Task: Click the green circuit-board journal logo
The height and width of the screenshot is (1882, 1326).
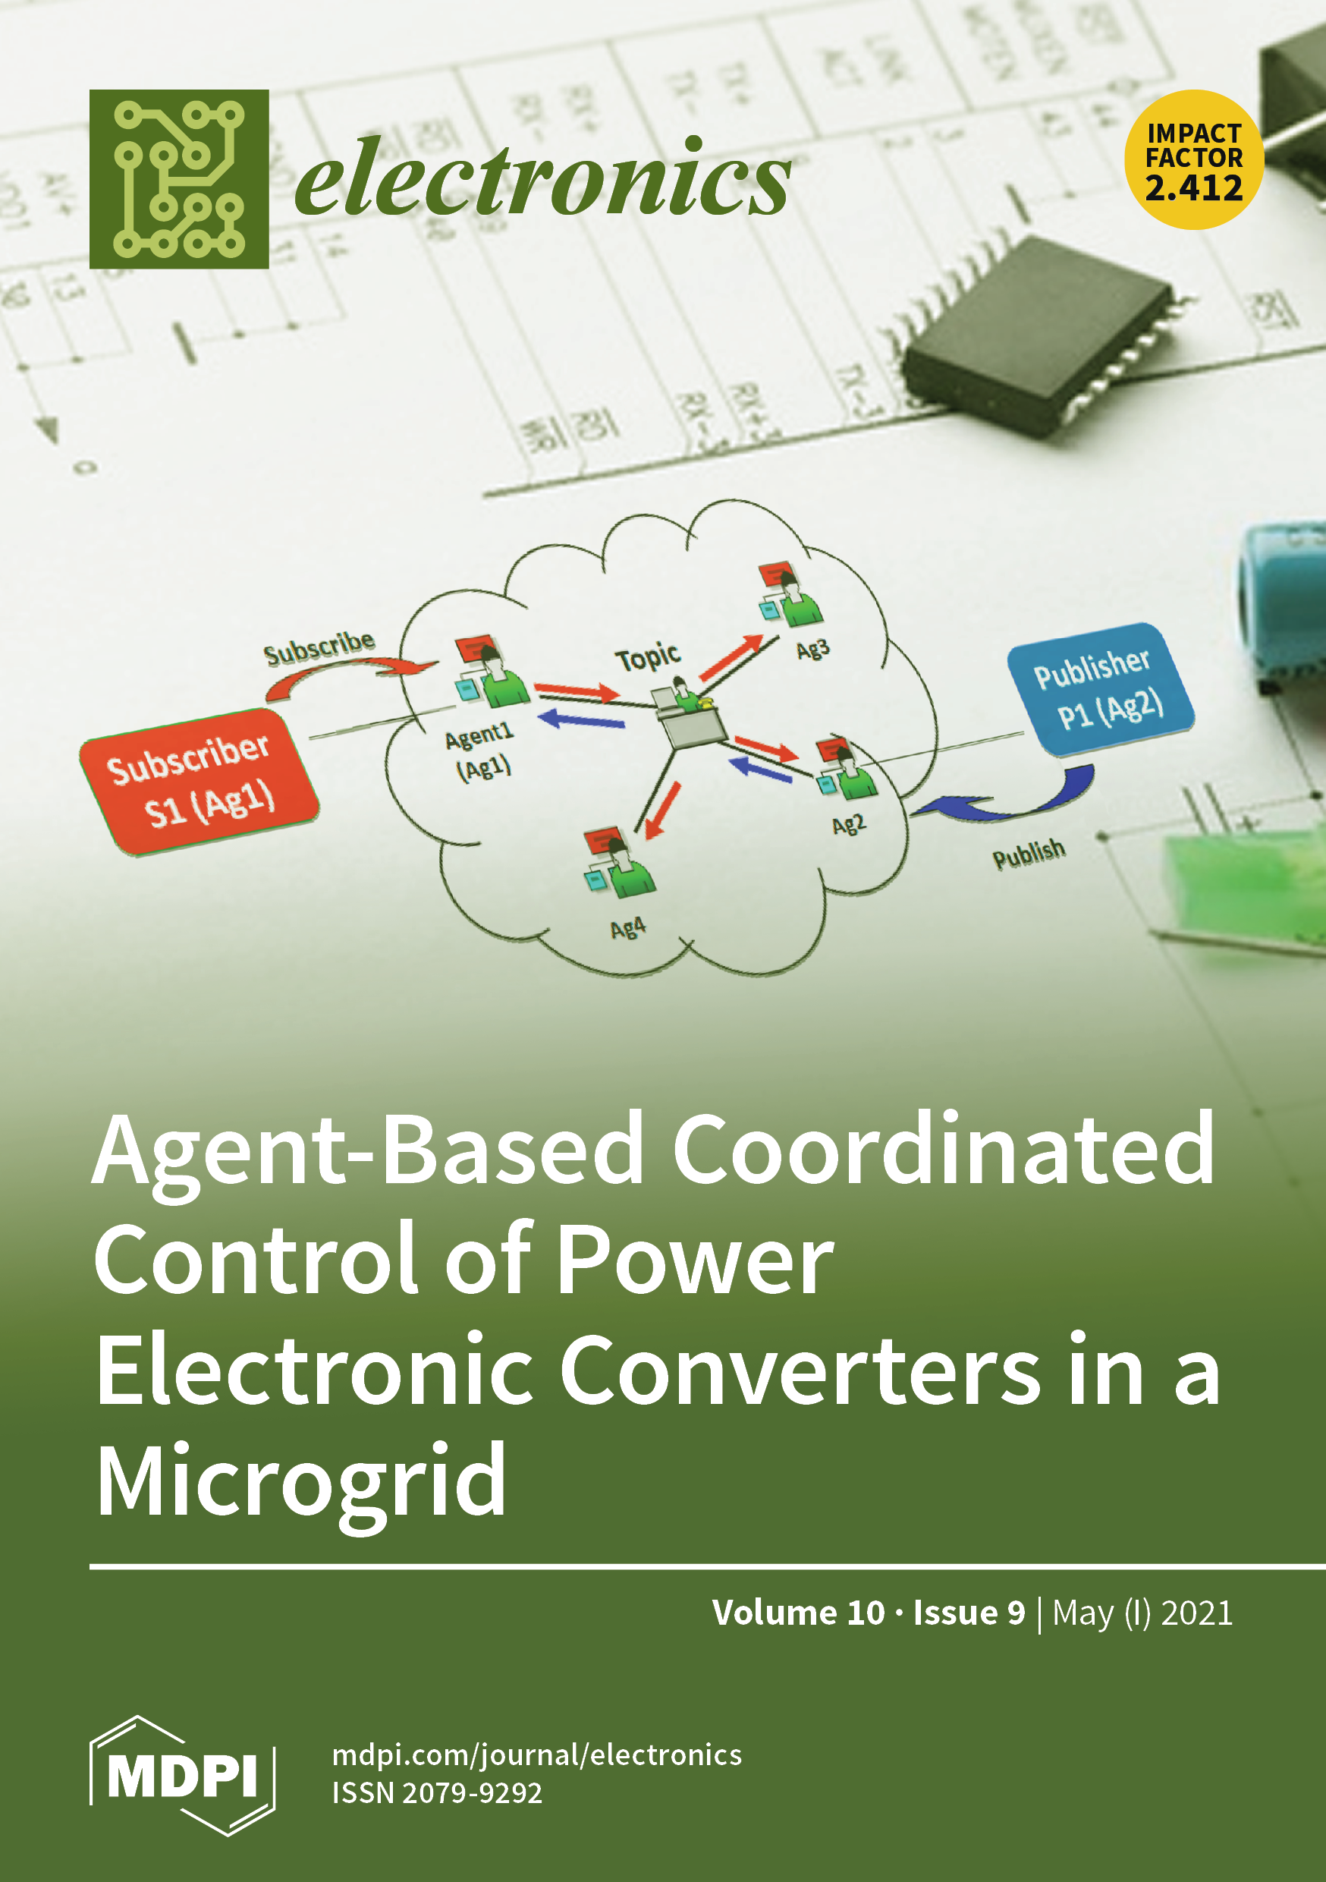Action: [x=179, y=178]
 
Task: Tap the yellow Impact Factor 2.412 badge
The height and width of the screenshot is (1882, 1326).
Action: [x=1193, y=160]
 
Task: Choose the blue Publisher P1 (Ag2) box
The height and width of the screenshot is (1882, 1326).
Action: [x=1099, y=689]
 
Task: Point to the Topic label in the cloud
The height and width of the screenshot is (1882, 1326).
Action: [x=647, y=656]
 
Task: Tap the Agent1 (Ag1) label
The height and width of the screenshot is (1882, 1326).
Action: [x=481, y=750]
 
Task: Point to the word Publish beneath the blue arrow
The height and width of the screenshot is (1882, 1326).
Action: [x=1029, y=854]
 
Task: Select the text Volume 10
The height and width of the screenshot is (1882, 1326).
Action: [x=797, y=1613]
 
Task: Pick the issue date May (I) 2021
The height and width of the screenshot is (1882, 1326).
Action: [x=1142, y=1613]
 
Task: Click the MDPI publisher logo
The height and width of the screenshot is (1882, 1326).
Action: [x=182, y=1776]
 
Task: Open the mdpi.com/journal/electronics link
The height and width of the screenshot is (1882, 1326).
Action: [x=537, y=1755]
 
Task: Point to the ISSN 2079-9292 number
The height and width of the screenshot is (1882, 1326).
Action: [x=437, y=1792]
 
